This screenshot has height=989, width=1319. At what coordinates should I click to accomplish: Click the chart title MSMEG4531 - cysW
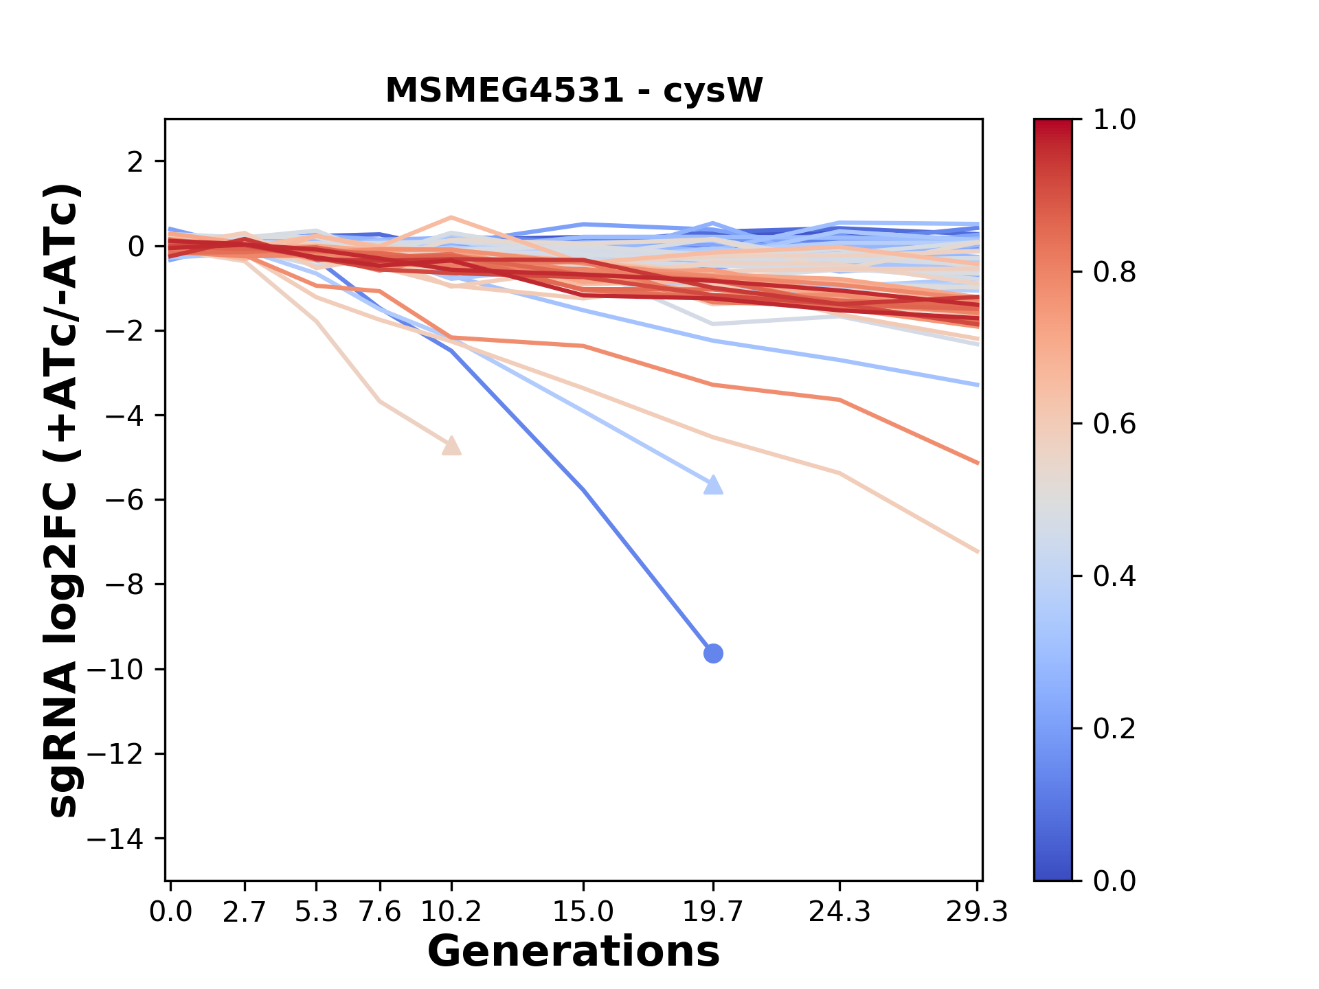pos(574,91)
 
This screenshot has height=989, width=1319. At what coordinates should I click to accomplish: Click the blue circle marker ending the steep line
pos(713,653)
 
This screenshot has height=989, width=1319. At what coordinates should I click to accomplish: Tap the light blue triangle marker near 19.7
pos(714,486)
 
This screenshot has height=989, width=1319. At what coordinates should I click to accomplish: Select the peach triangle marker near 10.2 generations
pos(451,446)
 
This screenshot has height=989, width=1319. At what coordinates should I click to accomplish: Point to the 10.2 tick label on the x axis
pos(451,912)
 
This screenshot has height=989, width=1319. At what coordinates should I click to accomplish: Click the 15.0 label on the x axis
pos(583,912)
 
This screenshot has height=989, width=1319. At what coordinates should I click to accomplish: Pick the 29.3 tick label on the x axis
pos(976,912)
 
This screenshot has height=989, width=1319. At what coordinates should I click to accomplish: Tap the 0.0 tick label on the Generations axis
pos(171,912)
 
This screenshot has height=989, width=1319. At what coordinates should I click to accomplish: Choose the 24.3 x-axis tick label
pos(839,912)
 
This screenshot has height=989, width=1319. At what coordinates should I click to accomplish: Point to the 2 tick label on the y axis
pos(135,162)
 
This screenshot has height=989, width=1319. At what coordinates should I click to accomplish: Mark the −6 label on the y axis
pos(124,501)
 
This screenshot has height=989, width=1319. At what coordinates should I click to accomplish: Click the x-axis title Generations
pos(574,952)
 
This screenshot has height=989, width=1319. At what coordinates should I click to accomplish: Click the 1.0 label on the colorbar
pos(1114,120)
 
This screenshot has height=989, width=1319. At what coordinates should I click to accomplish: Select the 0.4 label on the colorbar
pos(1114,576)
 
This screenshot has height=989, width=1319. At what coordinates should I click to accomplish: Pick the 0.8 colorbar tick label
pos(1114,273)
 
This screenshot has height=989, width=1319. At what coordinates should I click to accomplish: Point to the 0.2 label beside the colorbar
pos(1114,729)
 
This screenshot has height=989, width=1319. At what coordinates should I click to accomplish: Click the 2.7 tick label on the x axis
pos(245,912)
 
